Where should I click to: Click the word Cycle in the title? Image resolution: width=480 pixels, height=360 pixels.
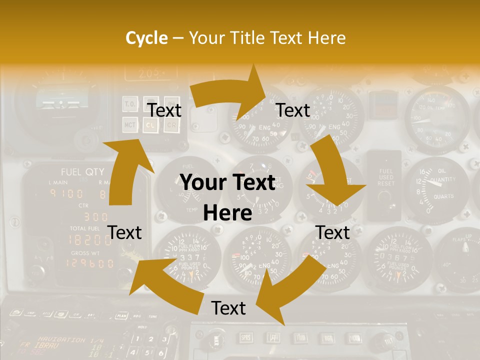click(146, 38)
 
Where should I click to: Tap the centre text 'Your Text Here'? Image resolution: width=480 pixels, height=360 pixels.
click(228, 198)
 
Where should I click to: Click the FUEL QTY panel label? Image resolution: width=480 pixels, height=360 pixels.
click(82, 171)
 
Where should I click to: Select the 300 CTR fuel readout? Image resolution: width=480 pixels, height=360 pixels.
click(95, 217)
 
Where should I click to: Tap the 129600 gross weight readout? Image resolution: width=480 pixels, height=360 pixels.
click(90, 263)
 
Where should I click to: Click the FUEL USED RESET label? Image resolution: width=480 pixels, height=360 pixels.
click(386, 177)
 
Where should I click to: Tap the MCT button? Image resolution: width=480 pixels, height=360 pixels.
click(130, 124)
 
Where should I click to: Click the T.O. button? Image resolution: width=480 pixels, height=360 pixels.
click(130, 105)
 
